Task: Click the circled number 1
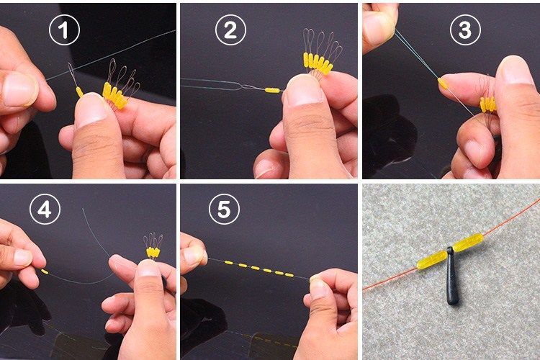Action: click(x=64, y=30)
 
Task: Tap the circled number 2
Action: click(x=230, y=30)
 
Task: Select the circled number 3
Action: click(x=465, y=30)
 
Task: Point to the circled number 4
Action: click(x=45, y=209)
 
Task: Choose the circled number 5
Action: click(x=224, y=209)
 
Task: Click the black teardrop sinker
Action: click(x=451, y=276)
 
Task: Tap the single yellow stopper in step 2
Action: click(x=272, y=90)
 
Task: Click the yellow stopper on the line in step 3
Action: click(x=443, y=83)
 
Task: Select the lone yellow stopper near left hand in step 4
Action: click(x=45, y=271)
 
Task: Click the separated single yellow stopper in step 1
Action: click(x=79, y=92)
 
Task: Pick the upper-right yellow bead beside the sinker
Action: click(x=468, y=242)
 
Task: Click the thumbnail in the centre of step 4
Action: click(x=148, y=269)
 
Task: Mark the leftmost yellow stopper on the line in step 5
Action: click(x=229, y=263)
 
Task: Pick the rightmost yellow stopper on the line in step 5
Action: click(x=289, y=275)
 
